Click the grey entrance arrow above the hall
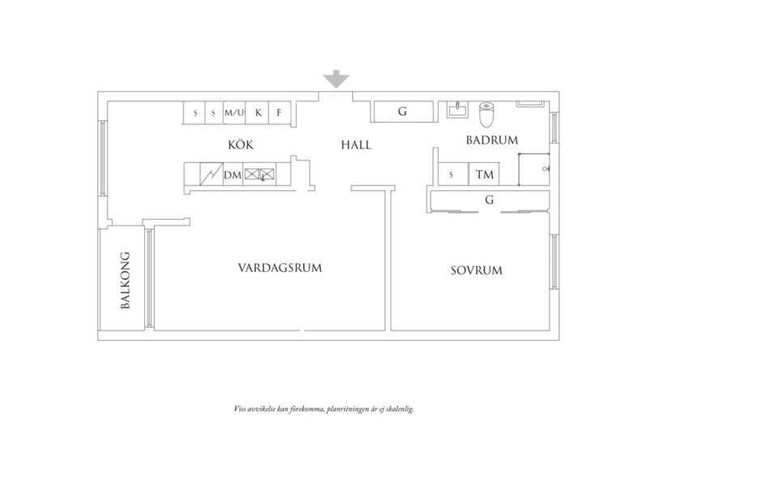(x=336, y=79)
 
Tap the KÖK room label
(x=240, y=145)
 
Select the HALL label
(x=356, y=145)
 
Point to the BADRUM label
(x=491, y=140)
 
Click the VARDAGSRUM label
(x=279, y=267)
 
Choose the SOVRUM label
(x=476, y=271)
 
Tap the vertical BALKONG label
(x=125, y=279)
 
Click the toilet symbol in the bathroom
(x=486, y=115)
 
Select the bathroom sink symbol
(x=456, y=110)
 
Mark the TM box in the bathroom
(x=484, y=174)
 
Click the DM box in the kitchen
(x=233, y=174)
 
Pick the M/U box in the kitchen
(x=235, y=113)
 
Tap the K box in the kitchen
(x=258, y=113)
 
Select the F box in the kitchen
(x=279, y=113)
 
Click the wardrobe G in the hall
(x=402, y=112)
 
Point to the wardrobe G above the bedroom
(x=489, y=199)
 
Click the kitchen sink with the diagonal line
(x=212, y=173)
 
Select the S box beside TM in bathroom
(x=451, y=174)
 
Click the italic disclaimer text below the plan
(x=324, y=409)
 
